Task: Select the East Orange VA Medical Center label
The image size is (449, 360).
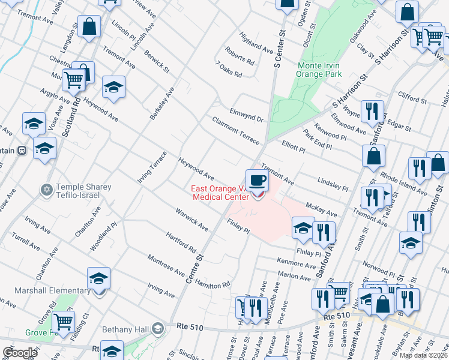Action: [220, 193]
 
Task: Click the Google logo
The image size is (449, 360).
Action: [20, 353]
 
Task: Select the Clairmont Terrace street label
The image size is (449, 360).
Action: [235, 130]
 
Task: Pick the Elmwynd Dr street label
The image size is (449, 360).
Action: [246, 115]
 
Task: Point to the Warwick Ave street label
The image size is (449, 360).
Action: [191, 220]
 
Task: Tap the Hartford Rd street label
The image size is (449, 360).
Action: [181, 242]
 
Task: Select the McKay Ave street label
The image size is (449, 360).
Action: [321, 209]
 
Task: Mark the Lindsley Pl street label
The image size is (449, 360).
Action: [333, 184]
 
